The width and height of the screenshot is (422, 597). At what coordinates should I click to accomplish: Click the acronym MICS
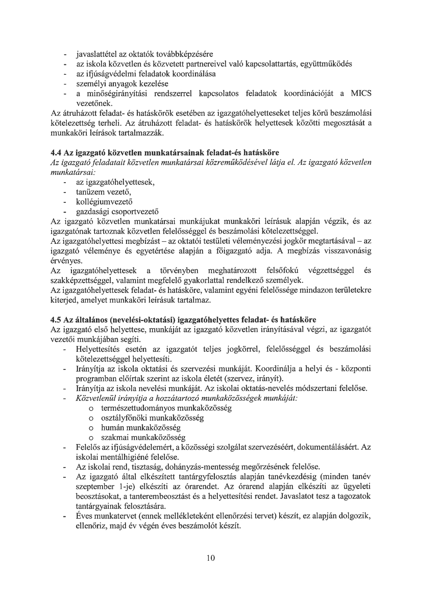361,94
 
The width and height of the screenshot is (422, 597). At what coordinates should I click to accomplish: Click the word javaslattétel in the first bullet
96,54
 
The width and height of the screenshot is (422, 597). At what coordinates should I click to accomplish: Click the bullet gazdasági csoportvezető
117,212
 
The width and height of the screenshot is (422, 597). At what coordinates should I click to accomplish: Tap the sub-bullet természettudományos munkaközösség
166,408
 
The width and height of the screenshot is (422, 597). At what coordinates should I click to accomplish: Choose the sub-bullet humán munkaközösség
141,428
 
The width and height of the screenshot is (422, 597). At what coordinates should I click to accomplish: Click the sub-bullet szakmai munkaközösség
143,438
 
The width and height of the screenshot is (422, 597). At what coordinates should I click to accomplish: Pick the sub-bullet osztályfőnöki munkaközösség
152,418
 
